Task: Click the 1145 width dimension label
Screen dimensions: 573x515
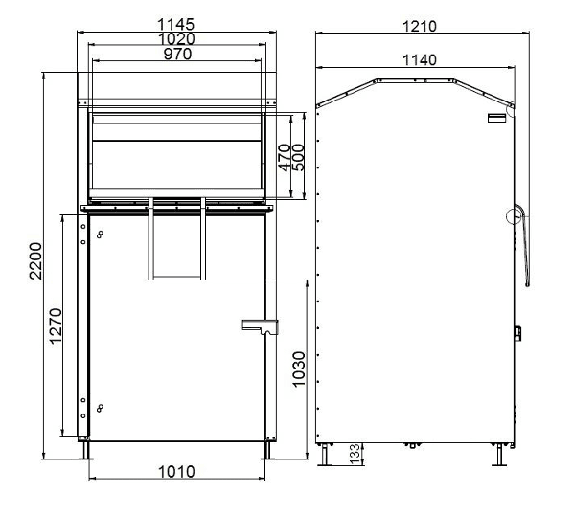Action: coord(175,25)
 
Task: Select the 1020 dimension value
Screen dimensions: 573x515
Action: coord(176,38)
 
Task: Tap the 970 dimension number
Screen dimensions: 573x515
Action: coord(177,54)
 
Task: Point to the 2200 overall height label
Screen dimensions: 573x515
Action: coord(35,261)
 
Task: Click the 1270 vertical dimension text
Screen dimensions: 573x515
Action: coord(56,325)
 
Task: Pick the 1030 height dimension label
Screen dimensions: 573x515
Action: coord(299,369)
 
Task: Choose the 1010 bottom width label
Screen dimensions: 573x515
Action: coord(176,472)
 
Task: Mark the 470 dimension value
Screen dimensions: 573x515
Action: coord(285,157)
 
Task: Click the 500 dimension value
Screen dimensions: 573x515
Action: coord(298,157)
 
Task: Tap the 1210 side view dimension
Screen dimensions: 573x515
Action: coord(419,26)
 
